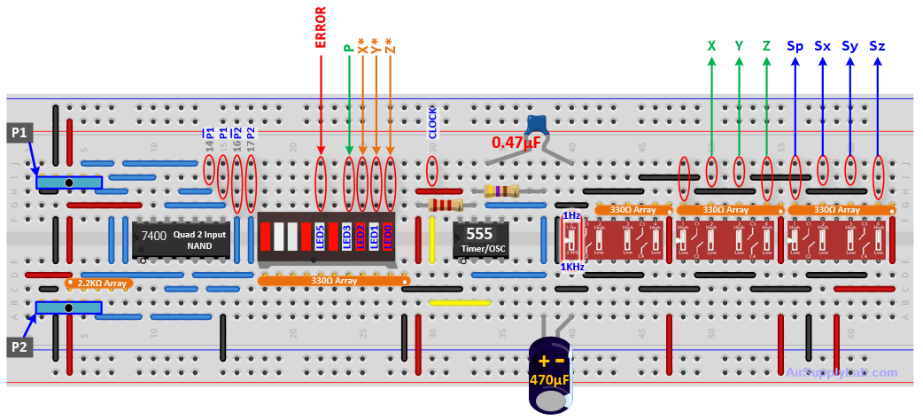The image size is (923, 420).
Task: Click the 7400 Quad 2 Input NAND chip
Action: pyautogui.click(x=181, y=239)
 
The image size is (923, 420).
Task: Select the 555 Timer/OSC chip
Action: pyautogui.click(x=480, y=239)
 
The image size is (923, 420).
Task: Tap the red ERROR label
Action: pyautogui.click(x=321, y=27)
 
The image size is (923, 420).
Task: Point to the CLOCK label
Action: pyautogui.click(x=432, y=123)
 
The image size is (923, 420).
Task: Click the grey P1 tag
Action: pyautogui.click(x=19, y=132)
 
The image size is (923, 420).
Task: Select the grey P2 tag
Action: pyautogui.click(x=19, y=346)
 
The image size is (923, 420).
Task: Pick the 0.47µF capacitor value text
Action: pyautogui.click(x=516, y=142)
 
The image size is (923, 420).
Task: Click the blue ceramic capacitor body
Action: pyautogui.click(x=538, y=126)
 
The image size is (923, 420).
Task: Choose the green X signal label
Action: pyautogui.click(x=711, y=45)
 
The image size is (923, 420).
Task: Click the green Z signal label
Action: pyautogui.click(x=766, y=45)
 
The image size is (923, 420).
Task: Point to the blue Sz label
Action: pyautogui.click(x=877, y=45)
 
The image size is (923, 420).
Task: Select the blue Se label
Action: pyautogui.click(x=795, y=45)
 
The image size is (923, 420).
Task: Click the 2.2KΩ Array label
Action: pyautogui.click(x=99, y=284)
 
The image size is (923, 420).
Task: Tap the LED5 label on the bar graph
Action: pyautogui.click(x=320, y=237)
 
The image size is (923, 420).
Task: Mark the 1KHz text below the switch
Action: pyautogui.click(x=571, y=267)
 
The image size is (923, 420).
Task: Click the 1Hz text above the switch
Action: pyautogui.click(x=571, y=215)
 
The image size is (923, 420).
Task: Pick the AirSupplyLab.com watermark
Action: pyautogui.click(x=842, y=373)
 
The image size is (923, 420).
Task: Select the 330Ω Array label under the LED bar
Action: pyautogui.click(x=334, y=281)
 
